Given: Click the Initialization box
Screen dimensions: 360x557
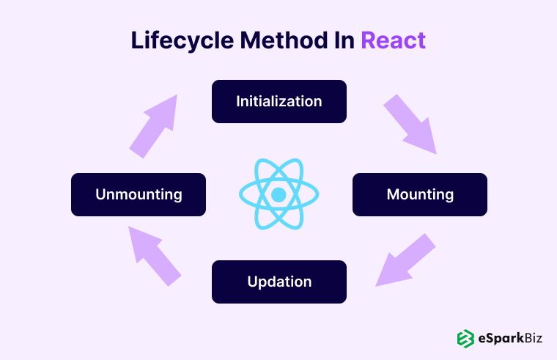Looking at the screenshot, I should point(278,101).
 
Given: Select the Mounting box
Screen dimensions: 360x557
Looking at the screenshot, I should point(419,194).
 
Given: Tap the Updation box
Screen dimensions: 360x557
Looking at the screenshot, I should point(278,282).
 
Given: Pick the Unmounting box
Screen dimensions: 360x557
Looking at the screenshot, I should point(138,194).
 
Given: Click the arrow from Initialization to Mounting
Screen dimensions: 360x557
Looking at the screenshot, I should point(410,124).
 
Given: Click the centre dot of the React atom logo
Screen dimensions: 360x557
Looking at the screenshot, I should point(278,194).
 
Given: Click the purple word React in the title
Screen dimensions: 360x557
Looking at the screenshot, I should point(393,40).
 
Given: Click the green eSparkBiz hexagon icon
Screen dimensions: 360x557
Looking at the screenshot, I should point(465,338).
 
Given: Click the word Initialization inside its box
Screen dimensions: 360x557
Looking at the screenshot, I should point(278,101).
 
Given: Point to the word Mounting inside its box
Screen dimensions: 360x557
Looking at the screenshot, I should point(419,194).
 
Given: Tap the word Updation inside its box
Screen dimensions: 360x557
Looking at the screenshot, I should point(278,282).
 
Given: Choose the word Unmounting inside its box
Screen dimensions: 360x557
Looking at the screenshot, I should point(138,194).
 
